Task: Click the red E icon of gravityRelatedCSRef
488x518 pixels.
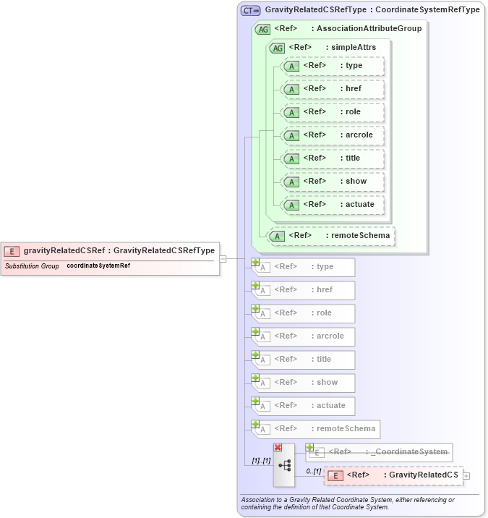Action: [x=12, y=251]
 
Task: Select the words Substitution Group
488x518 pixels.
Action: [x=32, y=266]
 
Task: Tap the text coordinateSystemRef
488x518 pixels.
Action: [x=98, y=266]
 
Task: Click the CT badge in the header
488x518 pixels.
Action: [x=250, y=11]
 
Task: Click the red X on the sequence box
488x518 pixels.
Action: [x=278, y=448]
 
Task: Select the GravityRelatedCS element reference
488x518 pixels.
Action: [x=393, y=475]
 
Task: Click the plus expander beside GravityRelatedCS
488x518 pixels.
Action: [x=466, y=475]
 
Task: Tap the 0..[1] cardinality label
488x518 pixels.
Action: [x=313, y=471]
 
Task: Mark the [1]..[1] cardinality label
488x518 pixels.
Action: [x=261, y=460]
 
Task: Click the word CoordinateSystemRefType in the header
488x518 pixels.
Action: [x=427, y=11]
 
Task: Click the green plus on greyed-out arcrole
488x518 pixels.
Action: [x=255, y=331]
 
